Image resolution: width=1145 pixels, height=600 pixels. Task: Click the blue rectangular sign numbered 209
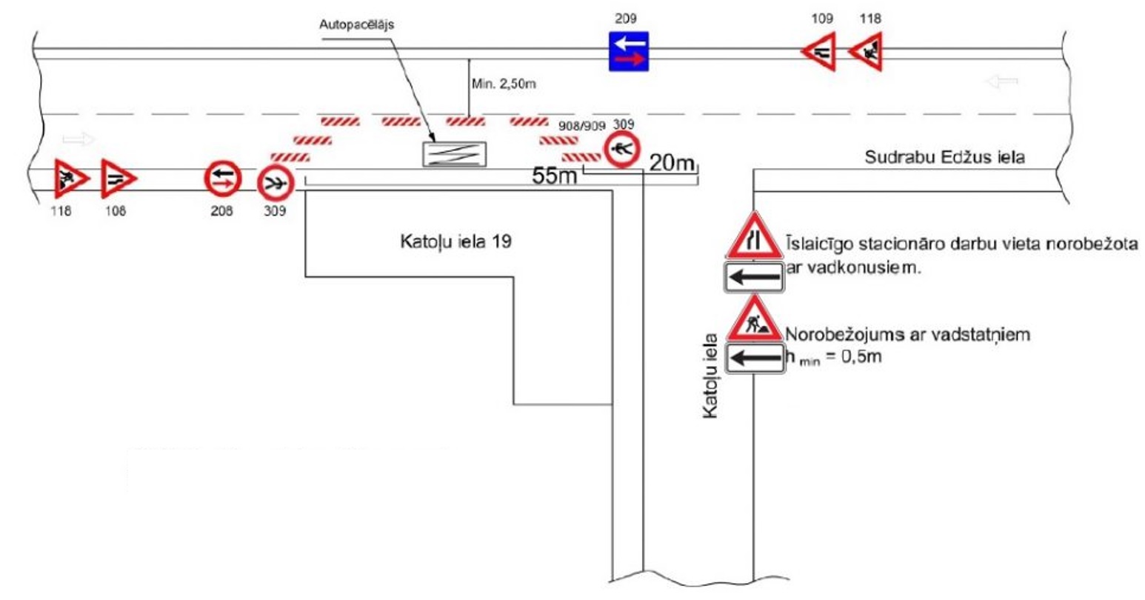(628, 51)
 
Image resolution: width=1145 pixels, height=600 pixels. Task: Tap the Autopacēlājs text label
(357, 24)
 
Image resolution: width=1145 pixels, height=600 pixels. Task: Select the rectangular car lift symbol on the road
(454, 153)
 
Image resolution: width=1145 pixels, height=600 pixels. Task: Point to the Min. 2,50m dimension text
(503, 84)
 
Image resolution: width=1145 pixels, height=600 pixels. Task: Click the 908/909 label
(581, 126)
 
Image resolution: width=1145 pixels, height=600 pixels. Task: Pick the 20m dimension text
(672, 162)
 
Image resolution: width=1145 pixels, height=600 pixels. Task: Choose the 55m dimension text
(555, 176)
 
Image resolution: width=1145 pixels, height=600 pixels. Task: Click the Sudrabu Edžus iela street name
(944, 157)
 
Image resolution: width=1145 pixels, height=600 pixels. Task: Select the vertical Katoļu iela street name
(710, 376)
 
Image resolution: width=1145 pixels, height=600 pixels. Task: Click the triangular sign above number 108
(118, 179)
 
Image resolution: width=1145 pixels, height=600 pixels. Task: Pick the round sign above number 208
(223, 179)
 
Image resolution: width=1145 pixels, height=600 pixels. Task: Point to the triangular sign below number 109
(821, 52)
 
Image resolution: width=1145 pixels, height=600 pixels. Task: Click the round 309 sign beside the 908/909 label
(621, 150)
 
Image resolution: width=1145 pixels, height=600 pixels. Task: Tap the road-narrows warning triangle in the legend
(753, 236)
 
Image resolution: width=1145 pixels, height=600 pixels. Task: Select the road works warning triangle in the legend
(753, 319)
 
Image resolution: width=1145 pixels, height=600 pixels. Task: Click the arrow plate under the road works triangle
(753, 359)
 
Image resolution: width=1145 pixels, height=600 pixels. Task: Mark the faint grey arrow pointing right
(79, 139)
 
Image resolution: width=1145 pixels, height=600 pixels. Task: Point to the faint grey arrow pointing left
(1002, 81)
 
